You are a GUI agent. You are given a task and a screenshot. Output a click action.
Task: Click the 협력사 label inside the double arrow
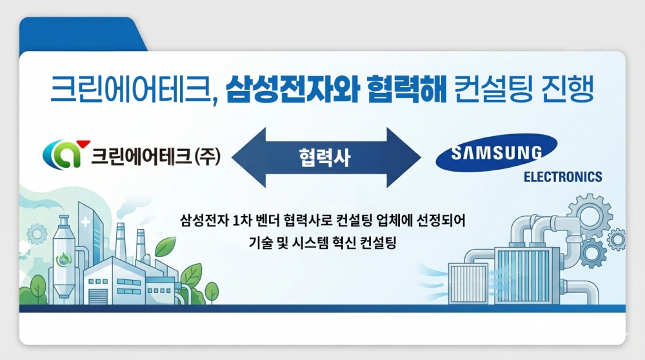point(324,157)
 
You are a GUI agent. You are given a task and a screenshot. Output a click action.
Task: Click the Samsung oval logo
point(496,152)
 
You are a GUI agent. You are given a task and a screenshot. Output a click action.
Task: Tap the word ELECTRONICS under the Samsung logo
point(562,177)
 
